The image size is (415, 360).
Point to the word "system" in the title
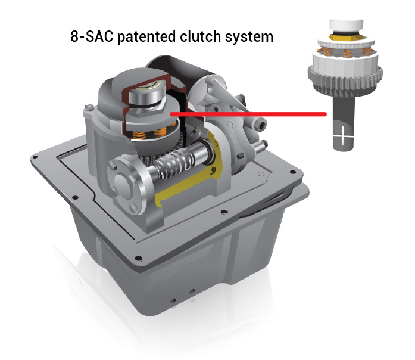coord(249,37)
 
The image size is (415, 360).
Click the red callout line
coord(248,114)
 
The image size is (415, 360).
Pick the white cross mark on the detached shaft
coord(343,135)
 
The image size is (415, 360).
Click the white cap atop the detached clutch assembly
coord(346,26)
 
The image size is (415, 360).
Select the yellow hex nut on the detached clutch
coord(347,36)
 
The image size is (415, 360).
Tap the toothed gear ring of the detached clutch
coord(345,76)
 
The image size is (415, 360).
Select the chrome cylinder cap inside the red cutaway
coord(147,94)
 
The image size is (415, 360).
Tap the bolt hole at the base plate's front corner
coord(138,258)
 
